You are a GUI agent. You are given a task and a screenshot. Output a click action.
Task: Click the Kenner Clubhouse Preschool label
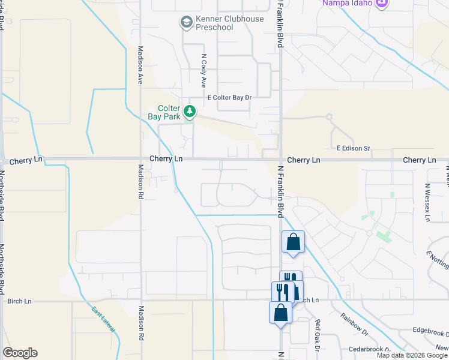click(225, 23)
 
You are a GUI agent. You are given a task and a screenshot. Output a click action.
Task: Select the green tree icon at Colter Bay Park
click(190, 112)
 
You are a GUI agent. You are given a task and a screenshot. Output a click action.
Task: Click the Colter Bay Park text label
click(165, 113)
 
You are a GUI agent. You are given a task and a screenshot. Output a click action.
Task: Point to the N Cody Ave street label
click(204, 71)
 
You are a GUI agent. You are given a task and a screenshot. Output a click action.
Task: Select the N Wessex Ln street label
click(427, 202)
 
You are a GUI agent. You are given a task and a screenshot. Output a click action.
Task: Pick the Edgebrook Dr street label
click(430, 332)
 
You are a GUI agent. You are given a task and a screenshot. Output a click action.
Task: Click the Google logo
click(20, 353)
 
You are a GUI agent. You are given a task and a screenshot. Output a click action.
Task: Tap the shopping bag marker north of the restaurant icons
click(293, 243)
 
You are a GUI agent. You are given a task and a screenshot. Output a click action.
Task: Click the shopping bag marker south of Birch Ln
click(281, 313)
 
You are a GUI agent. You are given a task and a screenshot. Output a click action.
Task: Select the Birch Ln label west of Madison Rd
click(19, 301)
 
